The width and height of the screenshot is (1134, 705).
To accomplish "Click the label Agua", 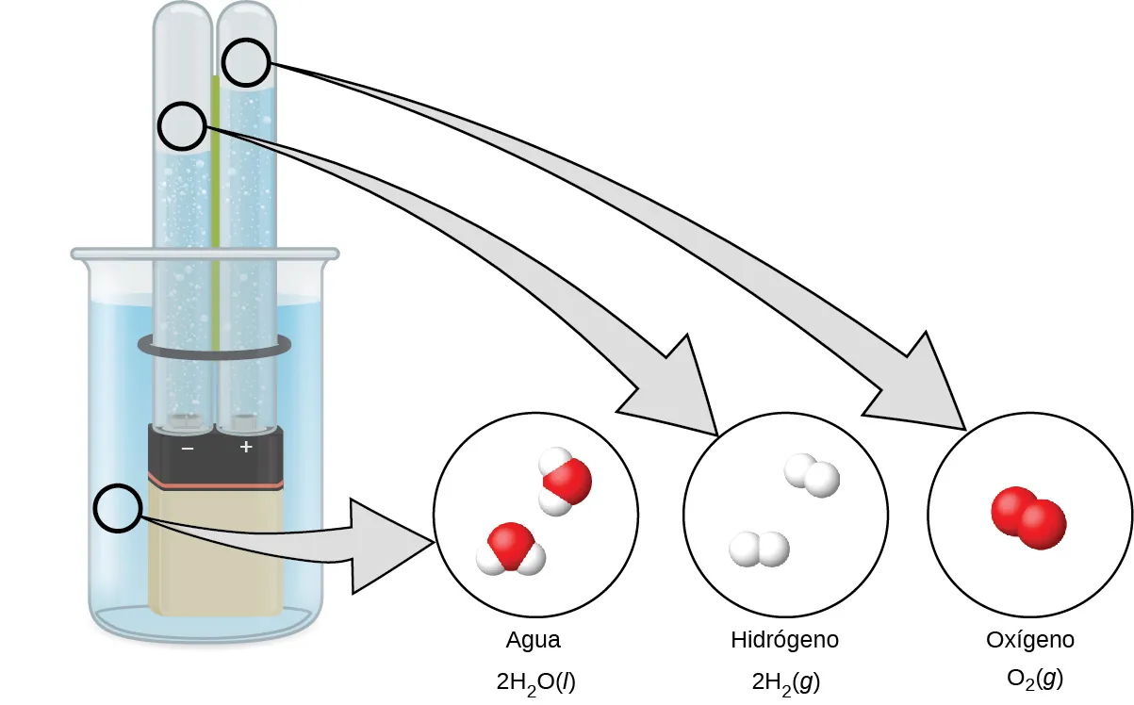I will (x=534, y=640).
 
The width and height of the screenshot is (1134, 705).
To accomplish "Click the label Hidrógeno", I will (x=784, y=640).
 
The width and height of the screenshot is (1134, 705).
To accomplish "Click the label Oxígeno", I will (x=1030, y=640).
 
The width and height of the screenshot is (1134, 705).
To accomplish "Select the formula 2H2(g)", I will (x=784, y=680).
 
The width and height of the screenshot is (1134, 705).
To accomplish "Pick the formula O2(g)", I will (x=1035, y=678).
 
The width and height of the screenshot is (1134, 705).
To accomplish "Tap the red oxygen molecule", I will (x=1028, y=516).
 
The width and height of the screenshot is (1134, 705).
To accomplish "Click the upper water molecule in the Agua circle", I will (x=564, y=482).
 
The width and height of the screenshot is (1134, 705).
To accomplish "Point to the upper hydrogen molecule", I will (x=813, y=474).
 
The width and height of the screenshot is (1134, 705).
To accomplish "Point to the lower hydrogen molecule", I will (x=760, y=549).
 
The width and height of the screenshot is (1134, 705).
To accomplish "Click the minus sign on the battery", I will (x=187, y=448).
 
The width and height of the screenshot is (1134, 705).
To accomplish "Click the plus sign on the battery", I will (x=246, y=448).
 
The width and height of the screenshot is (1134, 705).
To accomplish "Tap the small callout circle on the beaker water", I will (x=118, y=509).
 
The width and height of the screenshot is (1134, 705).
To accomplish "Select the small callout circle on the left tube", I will (x=182, y=126).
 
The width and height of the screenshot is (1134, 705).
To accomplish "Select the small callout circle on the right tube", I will (x=246, y=63).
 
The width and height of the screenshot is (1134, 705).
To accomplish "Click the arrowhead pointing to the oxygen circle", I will (x=920, y=386).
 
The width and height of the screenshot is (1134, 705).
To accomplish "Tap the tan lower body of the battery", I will (x=216, y=552).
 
